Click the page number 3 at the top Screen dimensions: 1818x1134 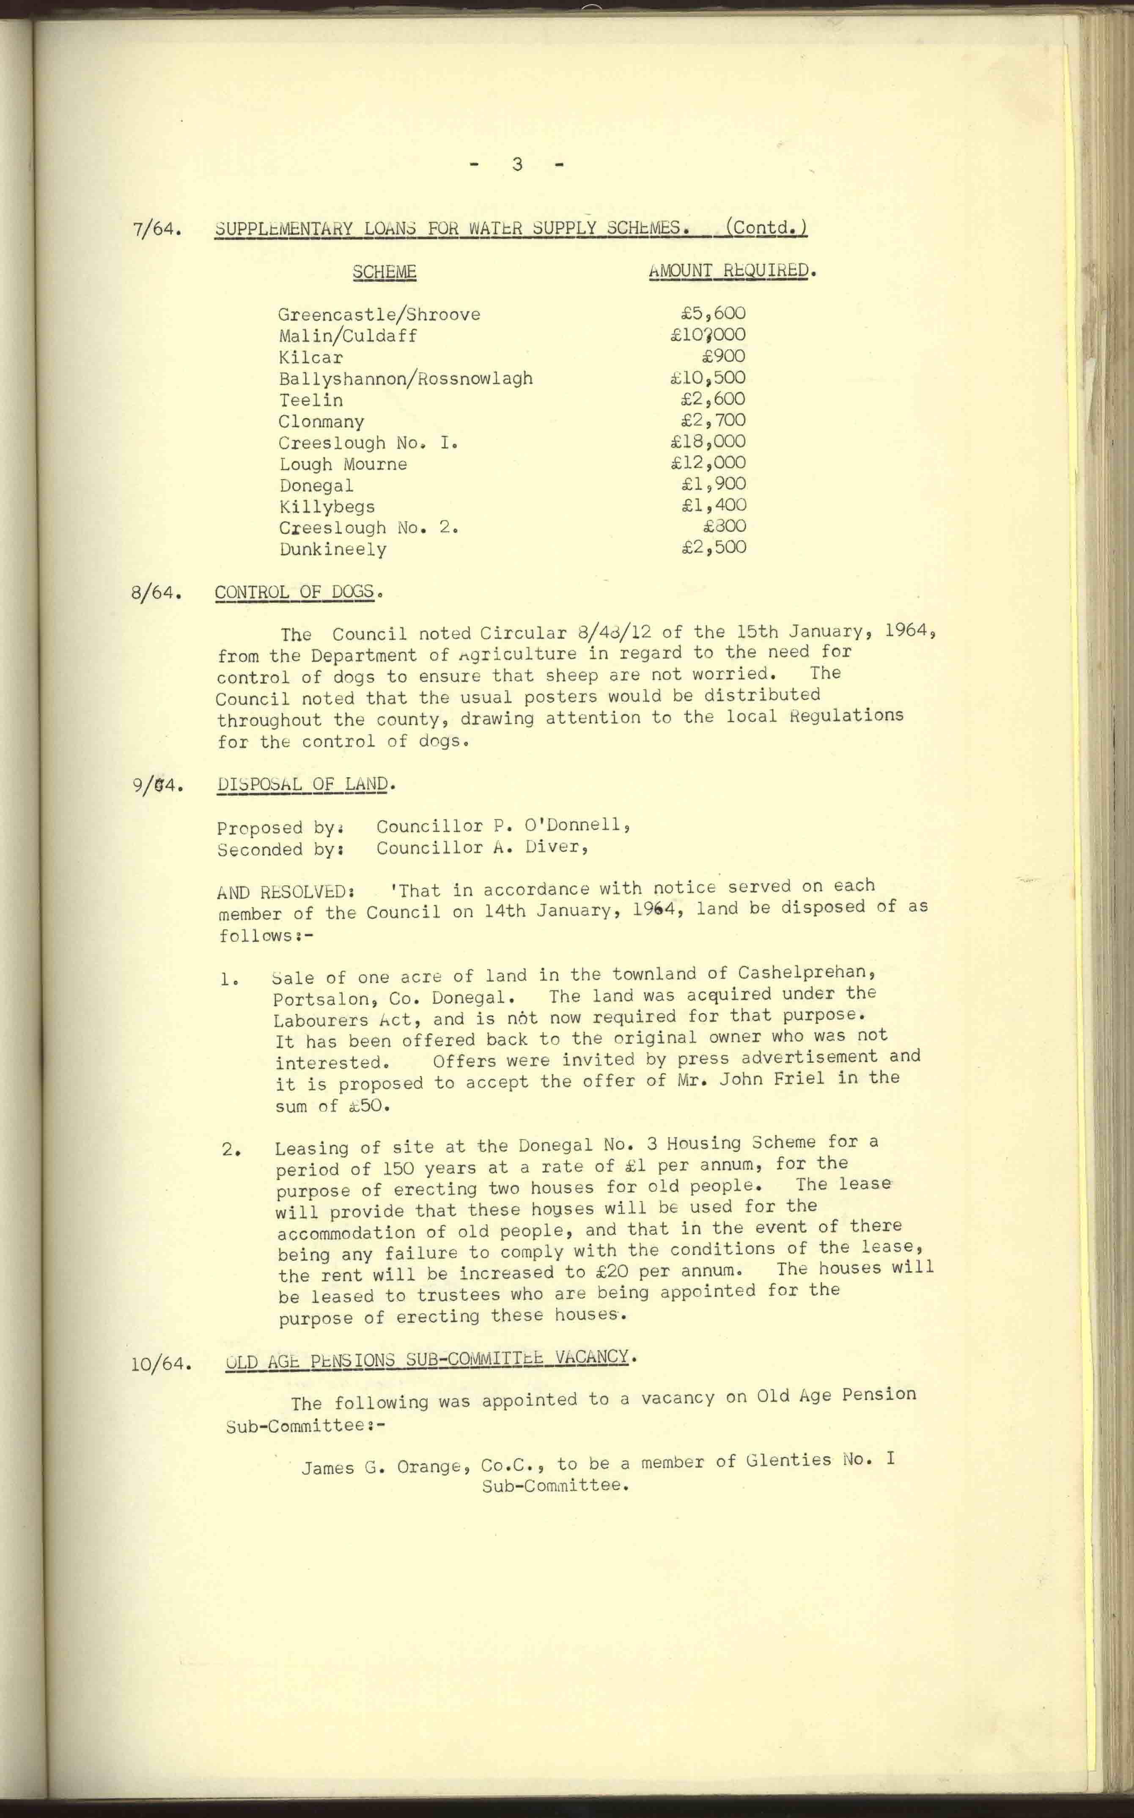(x=517, y=164)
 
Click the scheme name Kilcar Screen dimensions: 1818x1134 (x=310, y=358)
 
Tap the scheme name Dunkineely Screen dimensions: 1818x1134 (x=333, y=549)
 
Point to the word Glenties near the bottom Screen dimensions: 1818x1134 (x=789, y=1460)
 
